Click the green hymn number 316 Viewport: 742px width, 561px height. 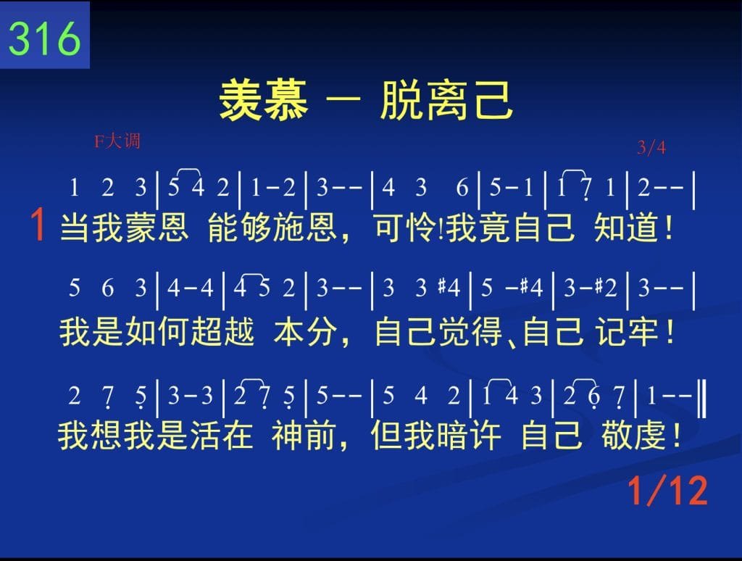(x=44, y=38)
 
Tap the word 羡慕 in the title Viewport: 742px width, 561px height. (x=264, y=100)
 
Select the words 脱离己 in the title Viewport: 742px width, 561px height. (x=446, y=100)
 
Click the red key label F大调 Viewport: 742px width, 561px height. (x=117, y=141)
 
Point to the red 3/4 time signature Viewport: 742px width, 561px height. (x=651, y=148)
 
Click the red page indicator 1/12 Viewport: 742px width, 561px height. (x=667, y=491)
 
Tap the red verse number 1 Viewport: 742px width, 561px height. (x=38, y=225)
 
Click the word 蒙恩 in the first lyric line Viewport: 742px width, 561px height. (x=157, y=228)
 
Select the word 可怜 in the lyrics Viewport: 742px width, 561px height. (x=405, y=228)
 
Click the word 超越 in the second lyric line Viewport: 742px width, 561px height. (x=222, y=331)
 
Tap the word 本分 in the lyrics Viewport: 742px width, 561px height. (x=305, y=331)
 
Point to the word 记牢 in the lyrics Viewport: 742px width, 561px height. (x=628, y=331)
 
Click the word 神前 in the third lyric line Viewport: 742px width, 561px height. (x=304, y=435)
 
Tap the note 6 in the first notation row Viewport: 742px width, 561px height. (x=462, y=188)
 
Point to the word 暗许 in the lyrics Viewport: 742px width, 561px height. (x=469, y=435)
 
